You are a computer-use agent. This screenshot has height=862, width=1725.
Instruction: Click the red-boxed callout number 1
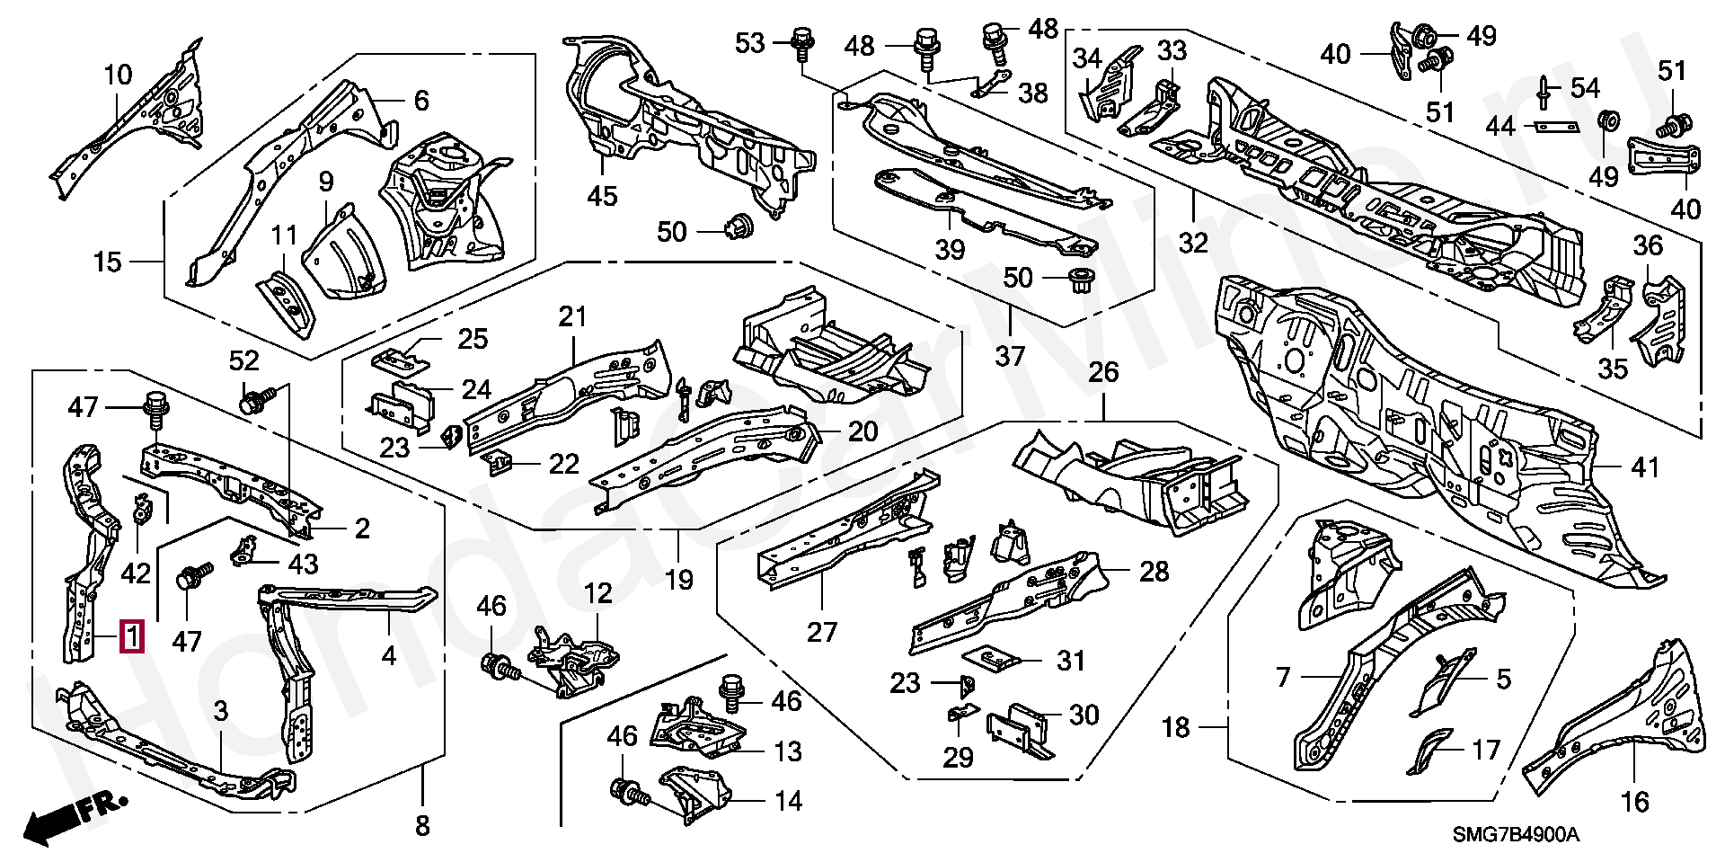tap(132, 636)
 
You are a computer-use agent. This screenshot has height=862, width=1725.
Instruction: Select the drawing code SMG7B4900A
tap(1517, 835)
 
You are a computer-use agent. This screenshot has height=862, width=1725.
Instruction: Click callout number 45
tap(602, 196)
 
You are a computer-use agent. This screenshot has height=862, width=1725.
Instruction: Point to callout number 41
tap(1645, 467)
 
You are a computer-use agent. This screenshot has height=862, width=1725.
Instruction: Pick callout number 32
tap(1193, 243)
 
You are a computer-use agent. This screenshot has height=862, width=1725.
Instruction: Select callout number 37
tap(1010, 356)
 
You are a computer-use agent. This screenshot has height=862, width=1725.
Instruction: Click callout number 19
tap(679, 580)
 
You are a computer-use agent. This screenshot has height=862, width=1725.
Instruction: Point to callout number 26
tap(1103, 371)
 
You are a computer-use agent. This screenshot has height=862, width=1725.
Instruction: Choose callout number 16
tap(1635, 801)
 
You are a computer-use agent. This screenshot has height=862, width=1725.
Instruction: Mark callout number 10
tap(118, 74)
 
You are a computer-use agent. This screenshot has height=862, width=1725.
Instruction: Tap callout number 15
tap(107, 262)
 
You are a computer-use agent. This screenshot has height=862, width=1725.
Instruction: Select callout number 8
tap(422, 825)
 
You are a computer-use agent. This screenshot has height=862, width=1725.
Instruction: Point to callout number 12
tap(597, 593)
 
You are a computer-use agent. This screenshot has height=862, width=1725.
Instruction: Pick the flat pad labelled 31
tap(992, 659)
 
